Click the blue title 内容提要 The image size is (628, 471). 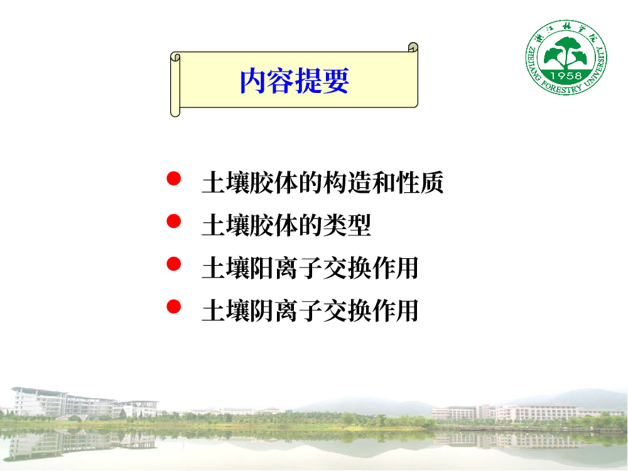click(295, 81)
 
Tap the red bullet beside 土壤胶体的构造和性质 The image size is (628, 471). click(174, 178)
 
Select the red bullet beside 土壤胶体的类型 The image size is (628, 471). click(174, 221)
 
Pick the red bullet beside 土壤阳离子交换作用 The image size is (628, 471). click(174, 264)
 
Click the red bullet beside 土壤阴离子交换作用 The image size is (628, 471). click(174, 307)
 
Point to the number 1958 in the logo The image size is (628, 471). click(566, 76)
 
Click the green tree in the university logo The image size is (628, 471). click(566, 53)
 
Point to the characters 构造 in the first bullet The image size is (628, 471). click(347, 183)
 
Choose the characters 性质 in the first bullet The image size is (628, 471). click(420, 183)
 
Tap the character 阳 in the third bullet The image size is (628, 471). click(262, 268)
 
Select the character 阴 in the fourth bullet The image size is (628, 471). click(262, 311)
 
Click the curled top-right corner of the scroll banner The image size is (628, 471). click(413, 47)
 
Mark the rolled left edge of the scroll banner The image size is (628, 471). click(175, 85)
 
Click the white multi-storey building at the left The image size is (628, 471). click(64, 403)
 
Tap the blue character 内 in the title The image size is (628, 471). click(252, 81)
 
